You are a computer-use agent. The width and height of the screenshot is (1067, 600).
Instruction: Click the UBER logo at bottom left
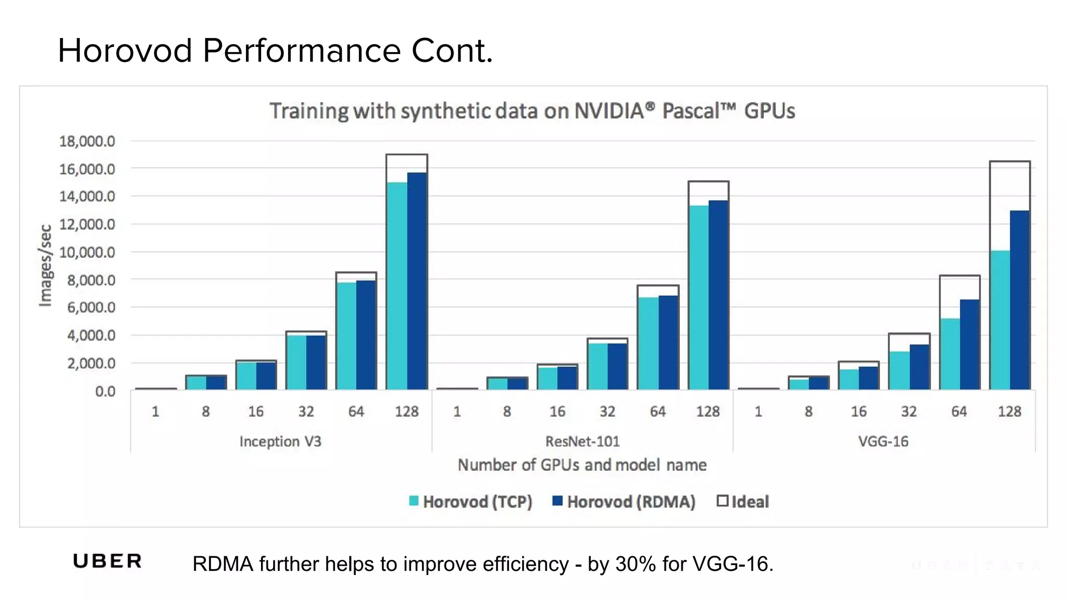[107, 561]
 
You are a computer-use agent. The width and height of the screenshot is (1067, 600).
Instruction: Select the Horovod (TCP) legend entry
[471, 502]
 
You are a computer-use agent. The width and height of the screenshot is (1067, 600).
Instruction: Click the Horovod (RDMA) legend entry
[624, 502]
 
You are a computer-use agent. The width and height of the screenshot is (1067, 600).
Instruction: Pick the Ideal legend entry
[743, 502]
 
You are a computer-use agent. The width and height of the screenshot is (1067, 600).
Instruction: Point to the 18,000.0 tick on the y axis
[87, 141]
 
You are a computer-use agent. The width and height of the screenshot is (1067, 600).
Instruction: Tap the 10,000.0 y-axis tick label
[87, 252]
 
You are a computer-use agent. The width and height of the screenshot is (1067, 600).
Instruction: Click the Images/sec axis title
[46, 265]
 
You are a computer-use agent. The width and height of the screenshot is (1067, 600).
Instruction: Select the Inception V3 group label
[280, 442]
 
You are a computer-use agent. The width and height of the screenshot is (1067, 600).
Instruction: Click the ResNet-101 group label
[582, 442]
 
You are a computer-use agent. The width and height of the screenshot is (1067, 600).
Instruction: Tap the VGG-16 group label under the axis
[883, 442]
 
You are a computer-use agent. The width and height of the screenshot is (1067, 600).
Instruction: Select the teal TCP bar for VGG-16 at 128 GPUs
[1000, 320]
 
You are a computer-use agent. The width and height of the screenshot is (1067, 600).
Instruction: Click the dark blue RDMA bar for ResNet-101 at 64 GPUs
[668, 342]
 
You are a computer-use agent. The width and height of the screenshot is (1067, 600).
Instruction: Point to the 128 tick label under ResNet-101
[708, 411]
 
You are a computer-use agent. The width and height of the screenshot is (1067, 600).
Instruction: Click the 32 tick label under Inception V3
[306, 411]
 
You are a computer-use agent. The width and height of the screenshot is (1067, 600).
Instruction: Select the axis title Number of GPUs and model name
[582, 465]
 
